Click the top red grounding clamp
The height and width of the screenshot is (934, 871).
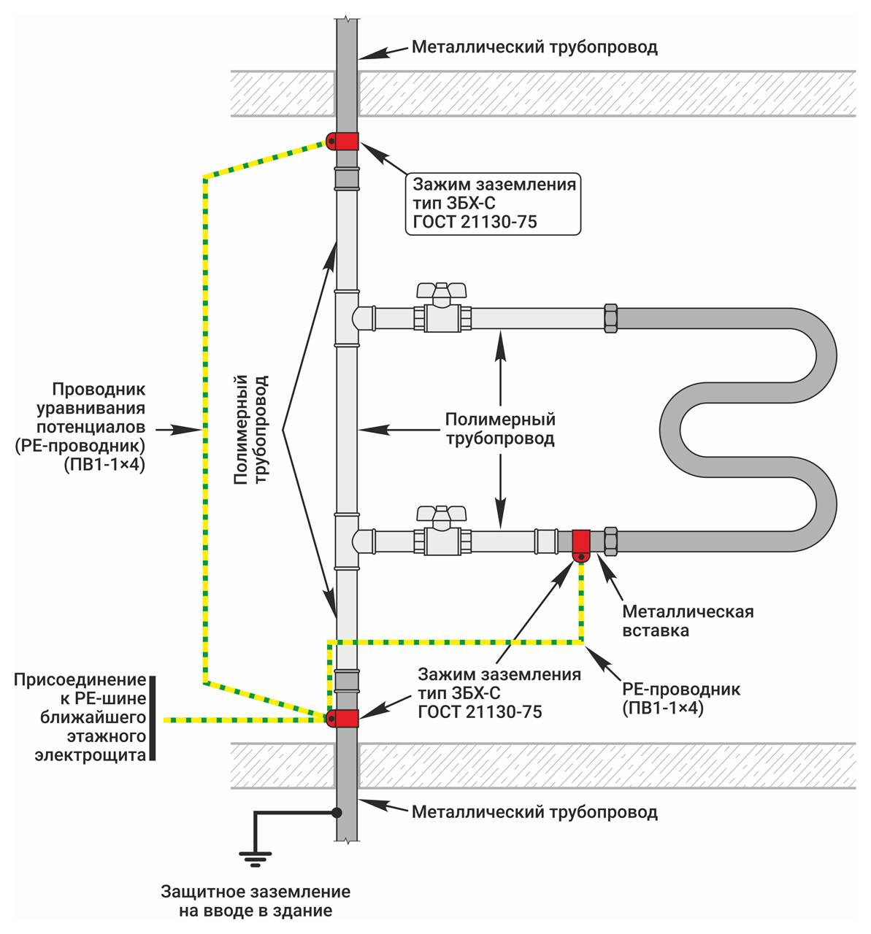tap(343, 141)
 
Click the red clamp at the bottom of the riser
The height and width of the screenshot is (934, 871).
tap(343, 719)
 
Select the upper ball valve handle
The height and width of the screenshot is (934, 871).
tap(441, 290)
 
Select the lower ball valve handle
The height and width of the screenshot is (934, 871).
tap(441, 512)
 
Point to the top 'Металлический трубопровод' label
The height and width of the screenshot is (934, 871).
tap(534, 48)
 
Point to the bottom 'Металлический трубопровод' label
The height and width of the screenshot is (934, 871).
tap(534, 812)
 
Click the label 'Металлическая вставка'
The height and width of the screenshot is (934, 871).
tap(687, 620)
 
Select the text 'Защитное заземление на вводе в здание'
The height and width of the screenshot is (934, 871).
tap(256, 901)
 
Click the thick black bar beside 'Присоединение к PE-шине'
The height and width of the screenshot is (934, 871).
tap(153, 719)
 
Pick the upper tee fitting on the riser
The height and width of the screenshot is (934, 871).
tap(348, 317)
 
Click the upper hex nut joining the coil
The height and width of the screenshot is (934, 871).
tap(610, 318)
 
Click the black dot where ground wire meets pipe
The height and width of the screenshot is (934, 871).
tap(337, 811)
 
